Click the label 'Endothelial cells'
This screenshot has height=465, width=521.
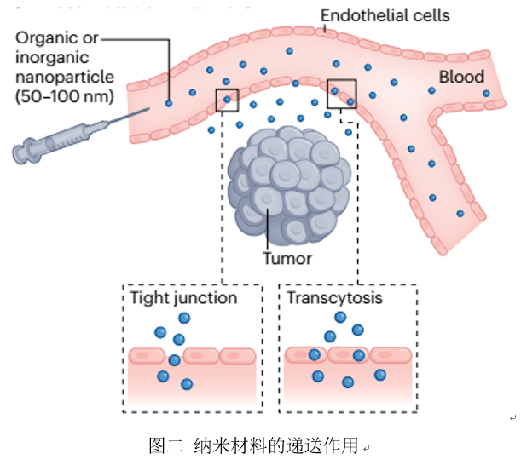point(385,15)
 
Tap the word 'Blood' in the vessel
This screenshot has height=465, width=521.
point(461,77)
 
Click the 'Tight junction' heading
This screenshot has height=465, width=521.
point(183,299)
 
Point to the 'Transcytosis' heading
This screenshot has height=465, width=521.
point(334,299)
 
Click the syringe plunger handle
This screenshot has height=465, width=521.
point(21,153)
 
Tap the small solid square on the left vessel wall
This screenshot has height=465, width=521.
point(227,100)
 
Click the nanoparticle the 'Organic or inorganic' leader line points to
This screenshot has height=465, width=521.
point(169,103)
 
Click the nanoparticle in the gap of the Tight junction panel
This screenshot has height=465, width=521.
point(175,359)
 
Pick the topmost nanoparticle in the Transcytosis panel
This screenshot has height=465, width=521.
point(340,318)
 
